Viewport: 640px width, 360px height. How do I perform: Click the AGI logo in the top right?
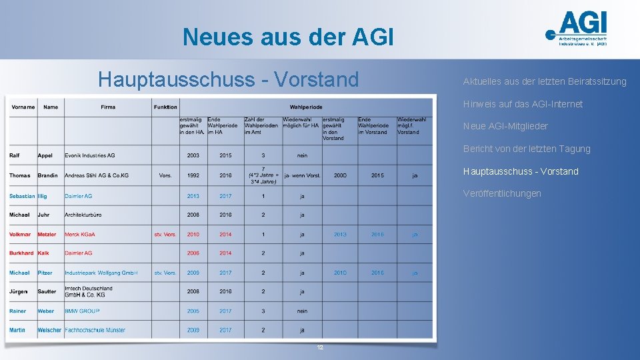click(577, 29)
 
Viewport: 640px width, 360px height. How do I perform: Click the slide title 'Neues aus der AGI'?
click(288, 37)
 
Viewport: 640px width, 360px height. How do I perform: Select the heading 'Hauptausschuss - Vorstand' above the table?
click(228, 80)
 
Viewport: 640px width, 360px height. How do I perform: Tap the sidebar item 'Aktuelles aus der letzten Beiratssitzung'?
click(545, 81)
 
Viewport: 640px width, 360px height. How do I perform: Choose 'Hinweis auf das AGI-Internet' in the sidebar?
click(523, 104)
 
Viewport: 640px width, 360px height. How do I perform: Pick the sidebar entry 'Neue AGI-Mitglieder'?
click(505, 126)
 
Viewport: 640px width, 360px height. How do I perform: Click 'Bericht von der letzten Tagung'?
click(527, 149)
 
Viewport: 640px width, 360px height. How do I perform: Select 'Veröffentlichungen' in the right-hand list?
click(502, 193)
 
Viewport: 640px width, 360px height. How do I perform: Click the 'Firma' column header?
click(108, 107)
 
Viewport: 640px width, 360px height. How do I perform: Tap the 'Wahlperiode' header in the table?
click(306, 107)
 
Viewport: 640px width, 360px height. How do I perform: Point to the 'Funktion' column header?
click(165, 107)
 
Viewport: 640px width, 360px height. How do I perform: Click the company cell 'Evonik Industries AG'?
click(90, 155)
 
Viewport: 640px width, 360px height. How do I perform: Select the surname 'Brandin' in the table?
click(47, 175)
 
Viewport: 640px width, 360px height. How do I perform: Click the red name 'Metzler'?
click(47, 234)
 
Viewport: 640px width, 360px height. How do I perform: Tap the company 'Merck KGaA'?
click(80, 234)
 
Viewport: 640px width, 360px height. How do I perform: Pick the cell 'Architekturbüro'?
click(83, 215)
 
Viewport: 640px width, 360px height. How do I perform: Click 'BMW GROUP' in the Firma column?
click(82, 311)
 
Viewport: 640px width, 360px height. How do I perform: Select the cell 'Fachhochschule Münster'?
click(95, 330)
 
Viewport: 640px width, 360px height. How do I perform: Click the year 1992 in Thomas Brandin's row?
click(193, 175)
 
